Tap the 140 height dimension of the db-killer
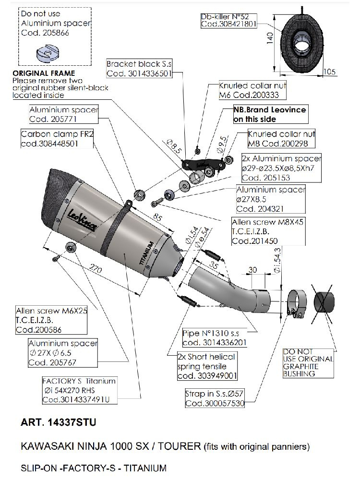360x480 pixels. coord(271,37)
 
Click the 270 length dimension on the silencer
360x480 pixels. coord(96,271)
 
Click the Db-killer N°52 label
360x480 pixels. coord(229,16)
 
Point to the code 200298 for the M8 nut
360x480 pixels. coord(296,144)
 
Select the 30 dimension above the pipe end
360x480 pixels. coord(253,270)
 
